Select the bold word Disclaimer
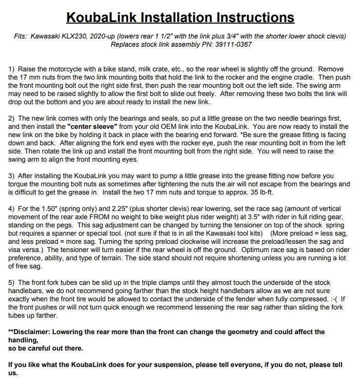pyautogui.click(x=35, y=332)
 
